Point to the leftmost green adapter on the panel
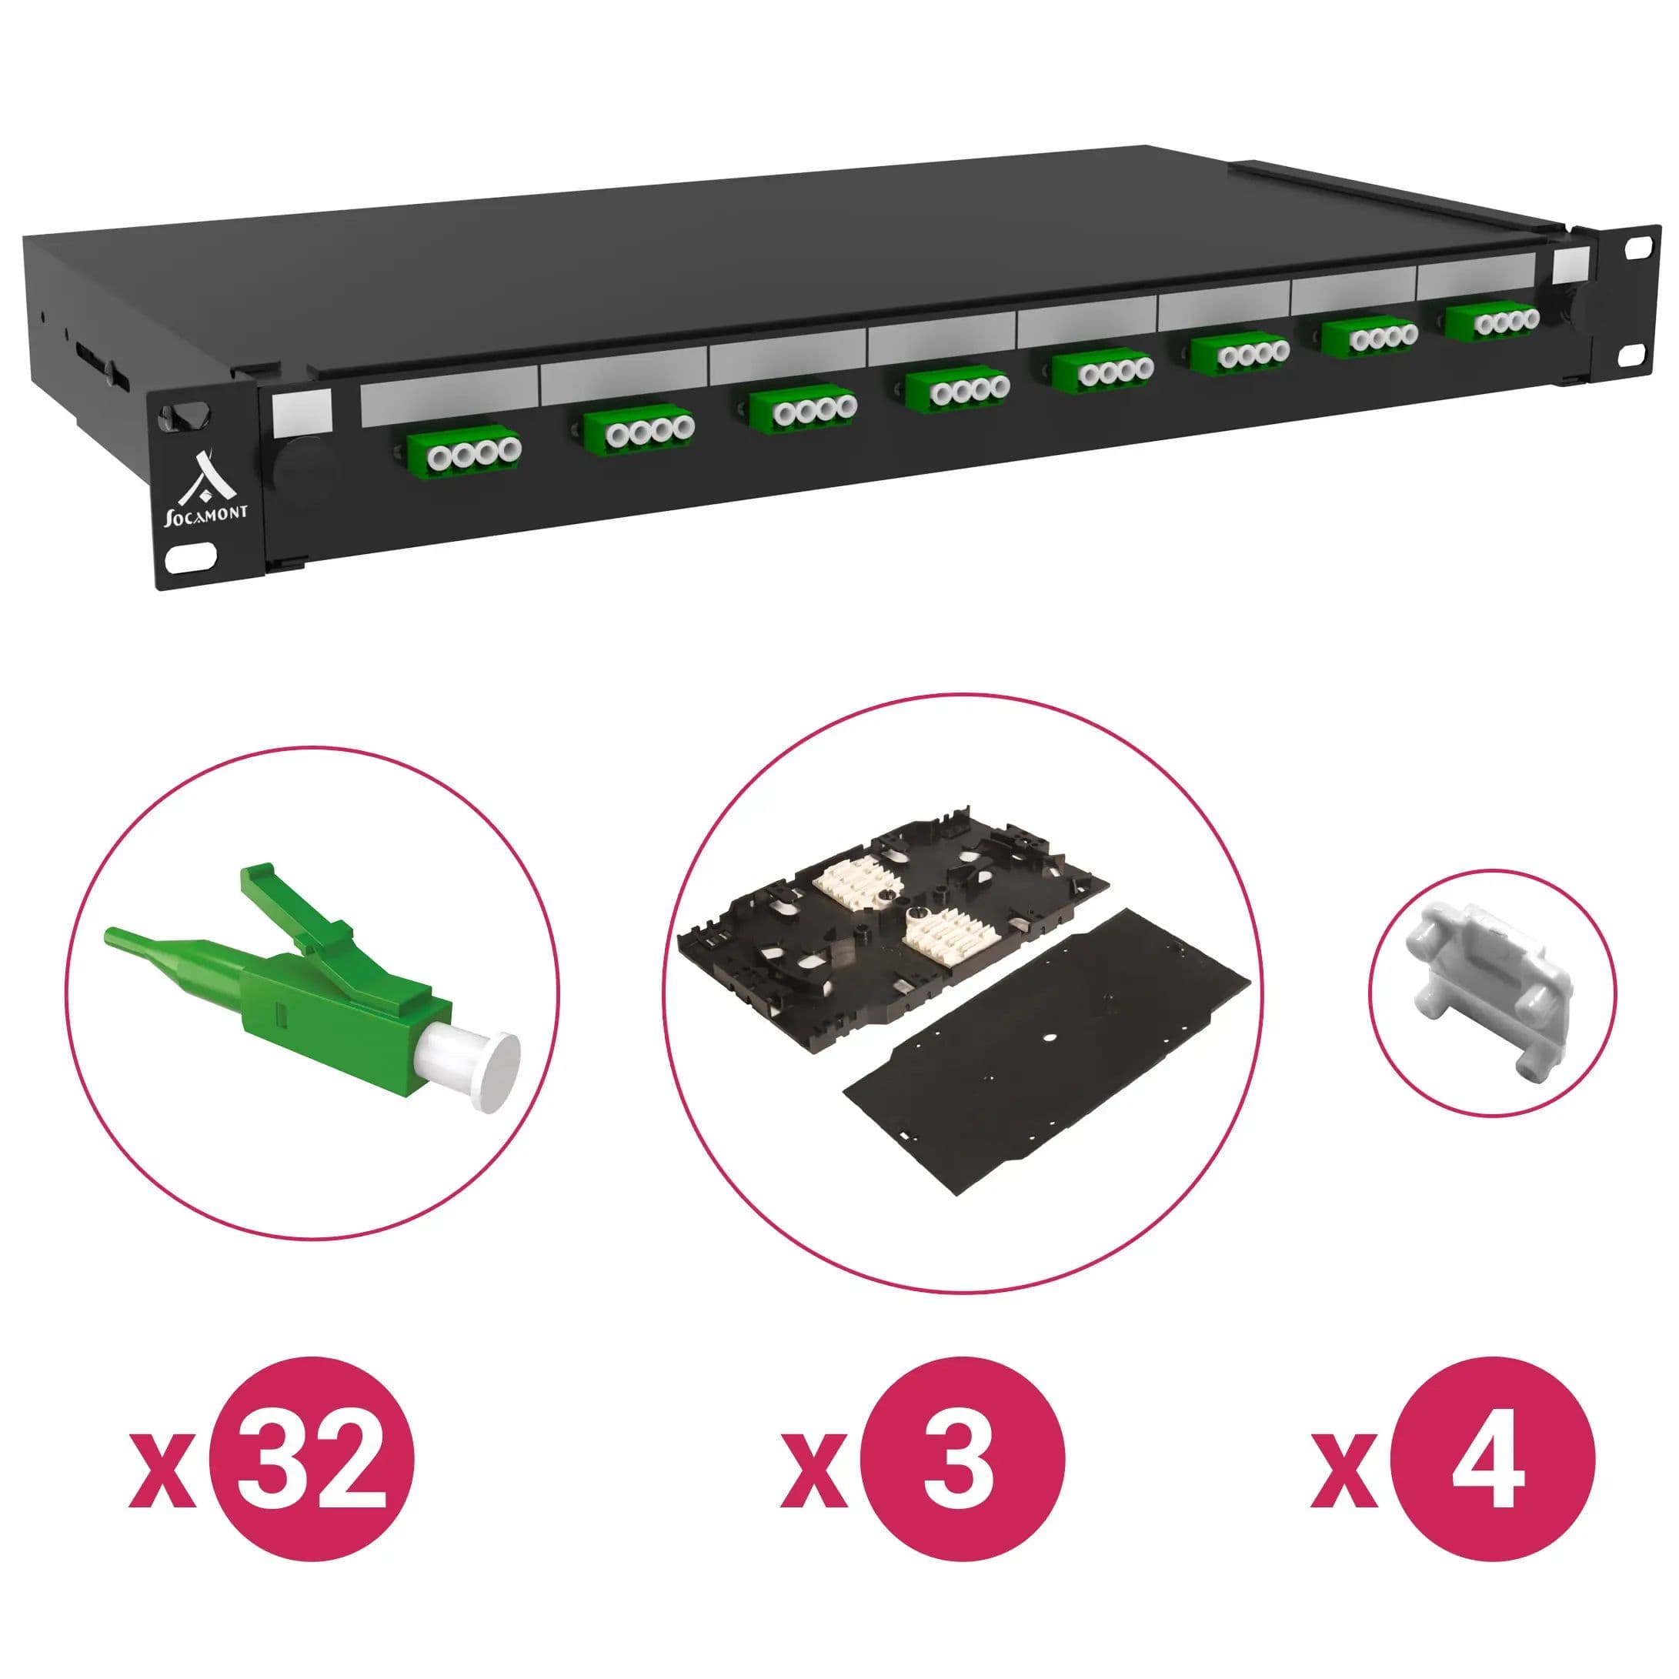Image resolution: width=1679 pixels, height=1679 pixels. (462, 449)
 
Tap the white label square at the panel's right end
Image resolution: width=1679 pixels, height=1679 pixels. (1571, 263)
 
